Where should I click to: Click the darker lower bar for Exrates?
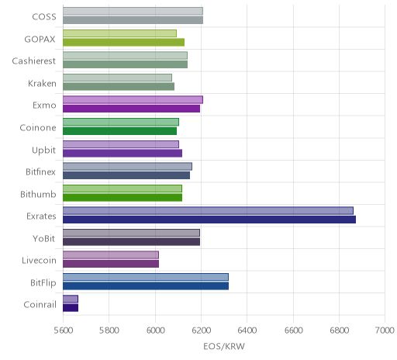coord(209,220)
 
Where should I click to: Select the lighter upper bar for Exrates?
coord(208,210)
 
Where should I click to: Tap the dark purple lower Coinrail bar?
coord(71,308)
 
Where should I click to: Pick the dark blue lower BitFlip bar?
coord(146,286)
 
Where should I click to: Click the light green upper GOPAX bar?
coord(119,33)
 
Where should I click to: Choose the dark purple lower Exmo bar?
coord(131,109)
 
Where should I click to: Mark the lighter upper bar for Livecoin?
coord(111,254)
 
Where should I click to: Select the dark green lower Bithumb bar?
coord(123,197)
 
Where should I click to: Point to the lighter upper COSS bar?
coord(133,11)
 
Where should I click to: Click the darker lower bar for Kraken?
coord(119,86)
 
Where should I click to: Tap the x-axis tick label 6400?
coord(247,331)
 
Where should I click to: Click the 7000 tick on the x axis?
coord(385,331)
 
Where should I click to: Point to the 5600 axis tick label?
coord(63,331)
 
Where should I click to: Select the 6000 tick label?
coord(155,331)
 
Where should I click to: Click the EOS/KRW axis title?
coord(224,346)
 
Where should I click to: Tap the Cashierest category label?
coord(34,61)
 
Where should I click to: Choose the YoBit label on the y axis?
coord(44,238)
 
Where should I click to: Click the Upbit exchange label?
coord(43,151)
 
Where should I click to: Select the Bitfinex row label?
coord(40,171)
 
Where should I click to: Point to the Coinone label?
coord(38,128)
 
